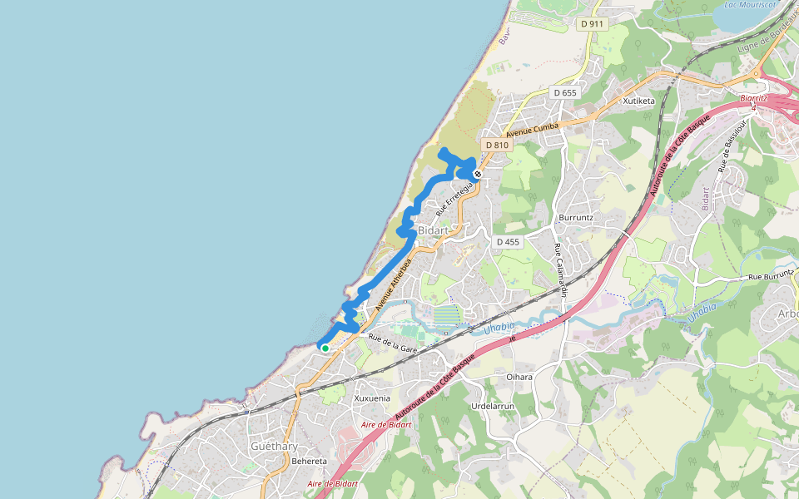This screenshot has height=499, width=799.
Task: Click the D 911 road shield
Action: click(592, 24)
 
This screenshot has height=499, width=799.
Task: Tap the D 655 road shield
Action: click(565, 92)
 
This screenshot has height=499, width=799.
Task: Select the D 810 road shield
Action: click(497, 145)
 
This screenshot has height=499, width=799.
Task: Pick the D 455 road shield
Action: click(508, 242)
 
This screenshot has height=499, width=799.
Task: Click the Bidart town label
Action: click(433, 230)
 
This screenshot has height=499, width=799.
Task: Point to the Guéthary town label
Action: click(274, 446)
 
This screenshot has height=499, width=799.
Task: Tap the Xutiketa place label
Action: click(638, 101)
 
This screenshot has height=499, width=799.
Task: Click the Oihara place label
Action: click(519, 377)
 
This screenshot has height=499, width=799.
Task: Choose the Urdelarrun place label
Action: click(494, 406)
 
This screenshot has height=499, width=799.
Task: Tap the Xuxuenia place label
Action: click(372, 398)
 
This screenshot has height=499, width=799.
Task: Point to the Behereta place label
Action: click(310, 461)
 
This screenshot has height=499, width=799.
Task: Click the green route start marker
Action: click(325, 348)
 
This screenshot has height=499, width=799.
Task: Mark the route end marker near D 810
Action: click(478, 174)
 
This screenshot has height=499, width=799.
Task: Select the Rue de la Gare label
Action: click(393, 343)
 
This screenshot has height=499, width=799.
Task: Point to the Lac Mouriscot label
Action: click(750, 4)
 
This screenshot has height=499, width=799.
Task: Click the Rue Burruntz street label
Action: click(770, 276)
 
